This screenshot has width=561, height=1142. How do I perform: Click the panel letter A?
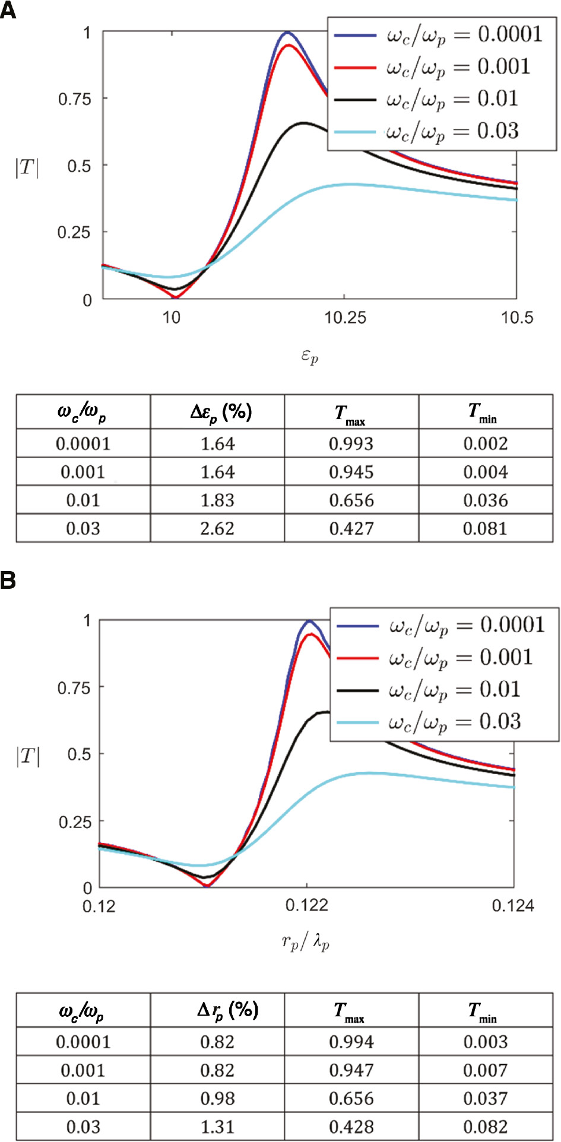(8, 10)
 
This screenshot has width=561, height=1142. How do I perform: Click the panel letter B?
(8, 580)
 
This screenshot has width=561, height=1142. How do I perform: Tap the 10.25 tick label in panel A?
(345, 318)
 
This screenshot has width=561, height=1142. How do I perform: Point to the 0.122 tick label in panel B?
(306, 905)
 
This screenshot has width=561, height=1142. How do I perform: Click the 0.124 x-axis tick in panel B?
(513, 905)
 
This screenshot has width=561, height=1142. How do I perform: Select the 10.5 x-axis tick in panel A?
(516, 318)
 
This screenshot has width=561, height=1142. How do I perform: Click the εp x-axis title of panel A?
(309, 356)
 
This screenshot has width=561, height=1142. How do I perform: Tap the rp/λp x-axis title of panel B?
(305, 942)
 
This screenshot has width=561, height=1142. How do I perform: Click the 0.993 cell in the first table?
(351, 444)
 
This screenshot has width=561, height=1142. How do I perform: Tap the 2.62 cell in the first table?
(217, 528)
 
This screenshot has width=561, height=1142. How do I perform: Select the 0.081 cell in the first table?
(485, 528)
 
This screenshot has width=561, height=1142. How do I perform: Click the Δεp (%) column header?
(221, 412)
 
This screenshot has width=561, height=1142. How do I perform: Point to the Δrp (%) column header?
(227, 1010)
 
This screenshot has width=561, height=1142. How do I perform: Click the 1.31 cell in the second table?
(217, 1127)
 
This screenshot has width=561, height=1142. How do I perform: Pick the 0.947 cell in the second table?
(351, 1070)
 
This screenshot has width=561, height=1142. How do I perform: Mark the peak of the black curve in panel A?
(304, 123)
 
